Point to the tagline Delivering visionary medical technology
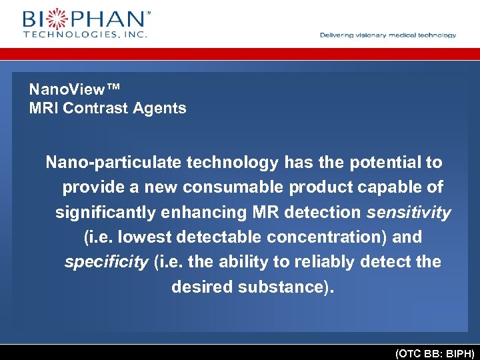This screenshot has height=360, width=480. (x=388, y=35)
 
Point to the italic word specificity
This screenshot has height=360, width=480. (x=106, y=262)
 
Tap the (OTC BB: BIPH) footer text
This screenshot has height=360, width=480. (x=434, y=353)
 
